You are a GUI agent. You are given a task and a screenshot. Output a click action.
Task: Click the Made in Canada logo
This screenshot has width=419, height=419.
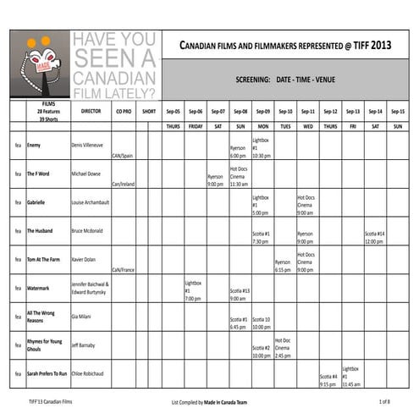[41, 63]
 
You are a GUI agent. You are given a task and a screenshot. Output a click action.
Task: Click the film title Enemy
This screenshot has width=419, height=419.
[34, 146]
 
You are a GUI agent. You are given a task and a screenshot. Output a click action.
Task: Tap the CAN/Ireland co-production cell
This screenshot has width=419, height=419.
[123, 183]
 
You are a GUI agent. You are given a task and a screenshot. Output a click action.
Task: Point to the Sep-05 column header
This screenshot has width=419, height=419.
[173, 111]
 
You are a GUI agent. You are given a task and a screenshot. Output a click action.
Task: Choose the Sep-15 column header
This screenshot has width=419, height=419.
[397, 111]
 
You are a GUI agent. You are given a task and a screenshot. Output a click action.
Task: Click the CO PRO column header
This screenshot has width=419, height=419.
[123, 111]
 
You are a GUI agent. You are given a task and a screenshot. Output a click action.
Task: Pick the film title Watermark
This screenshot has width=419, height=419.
[38, 288]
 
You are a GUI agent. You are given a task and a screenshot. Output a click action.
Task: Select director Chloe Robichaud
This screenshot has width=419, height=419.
[89, 373]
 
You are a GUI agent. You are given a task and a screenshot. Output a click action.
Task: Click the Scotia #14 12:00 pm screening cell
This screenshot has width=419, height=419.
[375, 237]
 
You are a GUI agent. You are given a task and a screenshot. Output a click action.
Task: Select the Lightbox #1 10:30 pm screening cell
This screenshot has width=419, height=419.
[261, 148]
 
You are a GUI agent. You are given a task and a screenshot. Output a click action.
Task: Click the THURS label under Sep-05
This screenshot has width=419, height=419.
[173, 125]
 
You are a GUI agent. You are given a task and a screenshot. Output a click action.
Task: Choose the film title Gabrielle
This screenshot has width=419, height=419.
[36, 202]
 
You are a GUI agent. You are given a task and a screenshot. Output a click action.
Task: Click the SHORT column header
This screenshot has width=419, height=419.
[149, 111]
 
